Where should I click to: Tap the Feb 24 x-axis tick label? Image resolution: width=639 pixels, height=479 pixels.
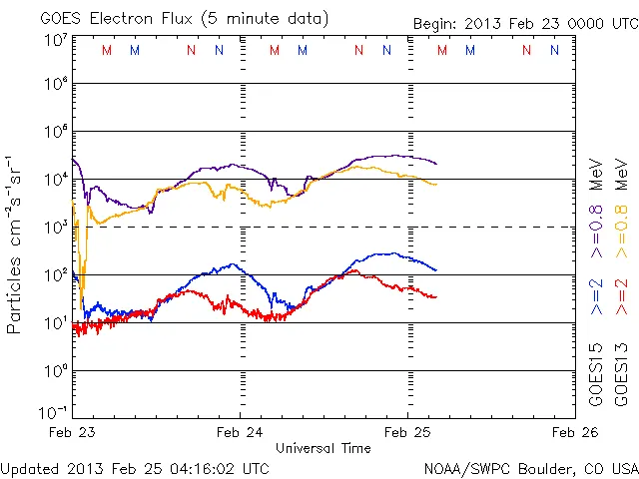[x=240, y=432]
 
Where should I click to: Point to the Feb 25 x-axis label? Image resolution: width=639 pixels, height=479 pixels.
[x=408, y=432]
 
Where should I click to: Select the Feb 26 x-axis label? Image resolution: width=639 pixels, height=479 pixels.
[x=575, y=432]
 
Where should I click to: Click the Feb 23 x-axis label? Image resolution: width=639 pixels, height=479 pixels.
[x=72, y=432]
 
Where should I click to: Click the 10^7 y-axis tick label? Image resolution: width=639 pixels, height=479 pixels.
[x=56, y=39]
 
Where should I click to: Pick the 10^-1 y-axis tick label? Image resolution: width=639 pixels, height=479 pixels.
[x=54, y=412]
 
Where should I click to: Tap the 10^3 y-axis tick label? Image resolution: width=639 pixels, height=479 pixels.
[x=56, y=228]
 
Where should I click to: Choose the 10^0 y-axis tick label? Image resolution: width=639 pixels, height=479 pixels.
[x=56, y=371]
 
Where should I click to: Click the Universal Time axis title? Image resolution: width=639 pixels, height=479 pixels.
[x=322, y=448]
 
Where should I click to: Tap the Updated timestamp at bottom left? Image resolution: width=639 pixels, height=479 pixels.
[x=135, y=467]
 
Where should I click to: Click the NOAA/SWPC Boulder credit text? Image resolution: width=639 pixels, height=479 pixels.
[x=530, y=467]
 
